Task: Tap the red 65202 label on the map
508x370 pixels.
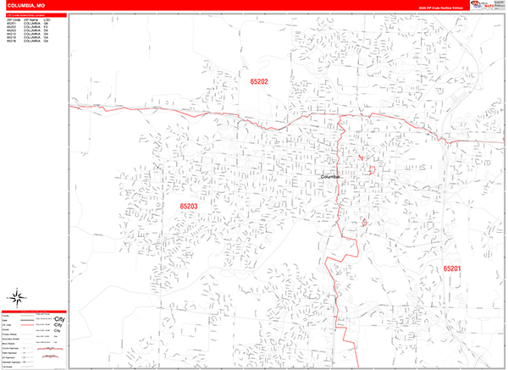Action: click(259, 81)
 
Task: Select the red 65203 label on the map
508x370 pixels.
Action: click(188, 206)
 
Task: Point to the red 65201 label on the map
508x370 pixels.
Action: click(452, 268)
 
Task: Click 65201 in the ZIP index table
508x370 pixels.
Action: click(11, 23)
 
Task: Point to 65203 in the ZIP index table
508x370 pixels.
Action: click(11, 30)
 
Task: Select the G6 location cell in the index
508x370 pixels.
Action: click(47, 23)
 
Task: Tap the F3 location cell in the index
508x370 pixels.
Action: click(47, 26)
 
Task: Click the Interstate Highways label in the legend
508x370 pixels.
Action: click(11, 362)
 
